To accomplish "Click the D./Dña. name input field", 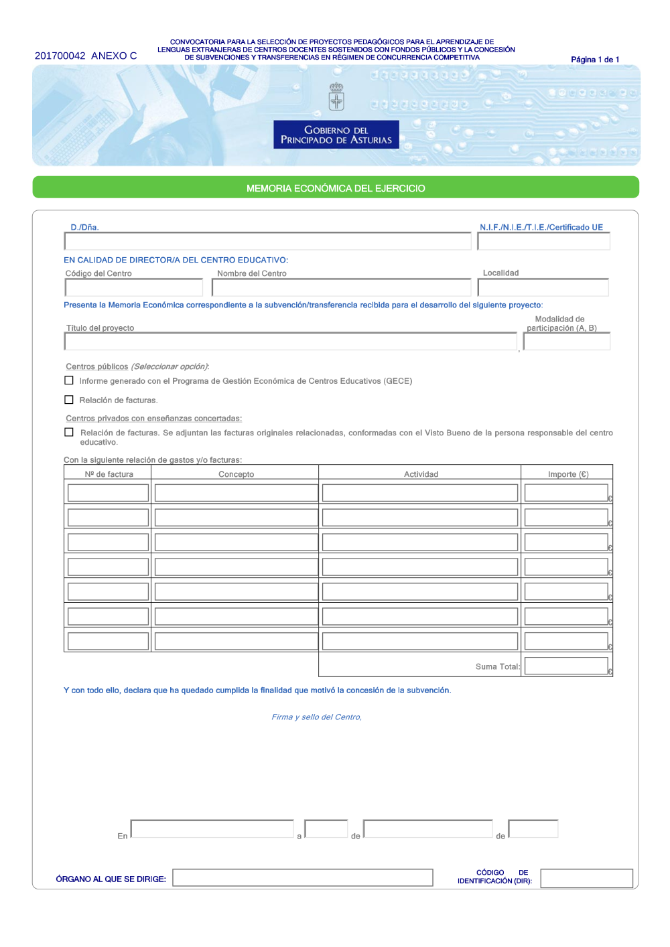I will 267,241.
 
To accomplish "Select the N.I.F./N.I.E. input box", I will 543,241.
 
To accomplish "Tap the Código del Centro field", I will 134,287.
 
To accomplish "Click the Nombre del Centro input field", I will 341,287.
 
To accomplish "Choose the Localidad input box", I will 543,287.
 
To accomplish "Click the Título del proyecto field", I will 290,342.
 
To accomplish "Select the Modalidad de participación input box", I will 566,342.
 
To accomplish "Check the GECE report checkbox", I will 69,380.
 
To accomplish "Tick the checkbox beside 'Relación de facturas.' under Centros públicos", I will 69,400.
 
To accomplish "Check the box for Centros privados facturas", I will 69,432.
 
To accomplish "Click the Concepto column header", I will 236,474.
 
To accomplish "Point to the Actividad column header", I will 421,474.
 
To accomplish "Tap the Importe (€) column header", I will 567,474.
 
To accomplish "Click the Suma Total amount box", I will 566,666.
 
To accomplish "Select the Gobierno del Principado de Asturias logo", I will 336,134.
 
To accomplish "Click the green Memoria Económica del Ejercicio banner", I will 336,188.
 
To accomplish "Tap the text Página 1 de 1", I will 595,60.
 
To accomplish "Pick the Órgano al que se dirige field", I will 302,878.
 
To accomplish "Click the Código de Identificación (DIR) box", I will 586,878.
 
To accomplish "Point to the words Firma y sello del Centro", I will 316,717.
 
